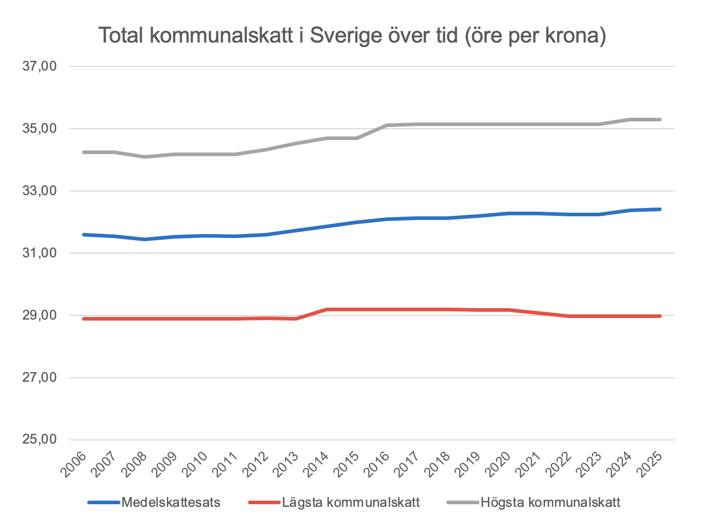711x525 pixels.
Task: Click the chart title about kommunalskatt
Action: click(352, 36)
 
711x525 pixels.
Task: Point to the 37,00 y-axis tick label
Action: click(39, 66)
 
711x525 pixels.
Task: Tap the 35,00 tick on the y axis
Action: click(39, 129)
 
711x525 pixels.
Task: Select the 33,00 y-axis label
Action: click(39, 191)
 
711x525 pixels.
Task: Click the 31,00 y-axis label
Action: click(39, 253)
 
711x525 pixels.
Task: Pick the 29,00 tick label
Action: click(39, 315)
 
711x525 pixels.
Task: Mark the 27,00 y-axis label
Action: click(39, 378)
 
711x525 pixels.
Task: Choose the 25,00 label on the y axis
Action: click(39, 440)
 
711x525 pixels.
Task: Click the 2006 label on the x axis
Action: click(74, 464)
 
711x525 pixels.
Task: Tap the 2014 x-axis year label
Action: click(317, 464)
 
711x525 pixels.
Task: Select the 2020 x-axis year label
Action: click(499, 464)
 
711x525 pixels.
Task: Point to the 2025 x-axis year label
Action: click(650, 464)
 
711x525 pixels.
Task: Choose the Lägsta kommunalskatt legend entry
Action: click(350, 502)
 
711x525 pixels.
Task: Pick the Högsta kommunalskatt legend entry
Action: click(550, 502)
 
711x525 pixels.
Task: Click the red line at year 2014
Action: click(326, 310)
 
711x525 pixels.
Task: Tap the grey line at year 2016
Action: click(387, 125)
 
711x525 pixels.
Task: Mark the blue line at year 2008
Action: click(145, 239)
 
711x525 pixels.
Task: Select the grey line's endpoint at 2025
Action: click(660, 119)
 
